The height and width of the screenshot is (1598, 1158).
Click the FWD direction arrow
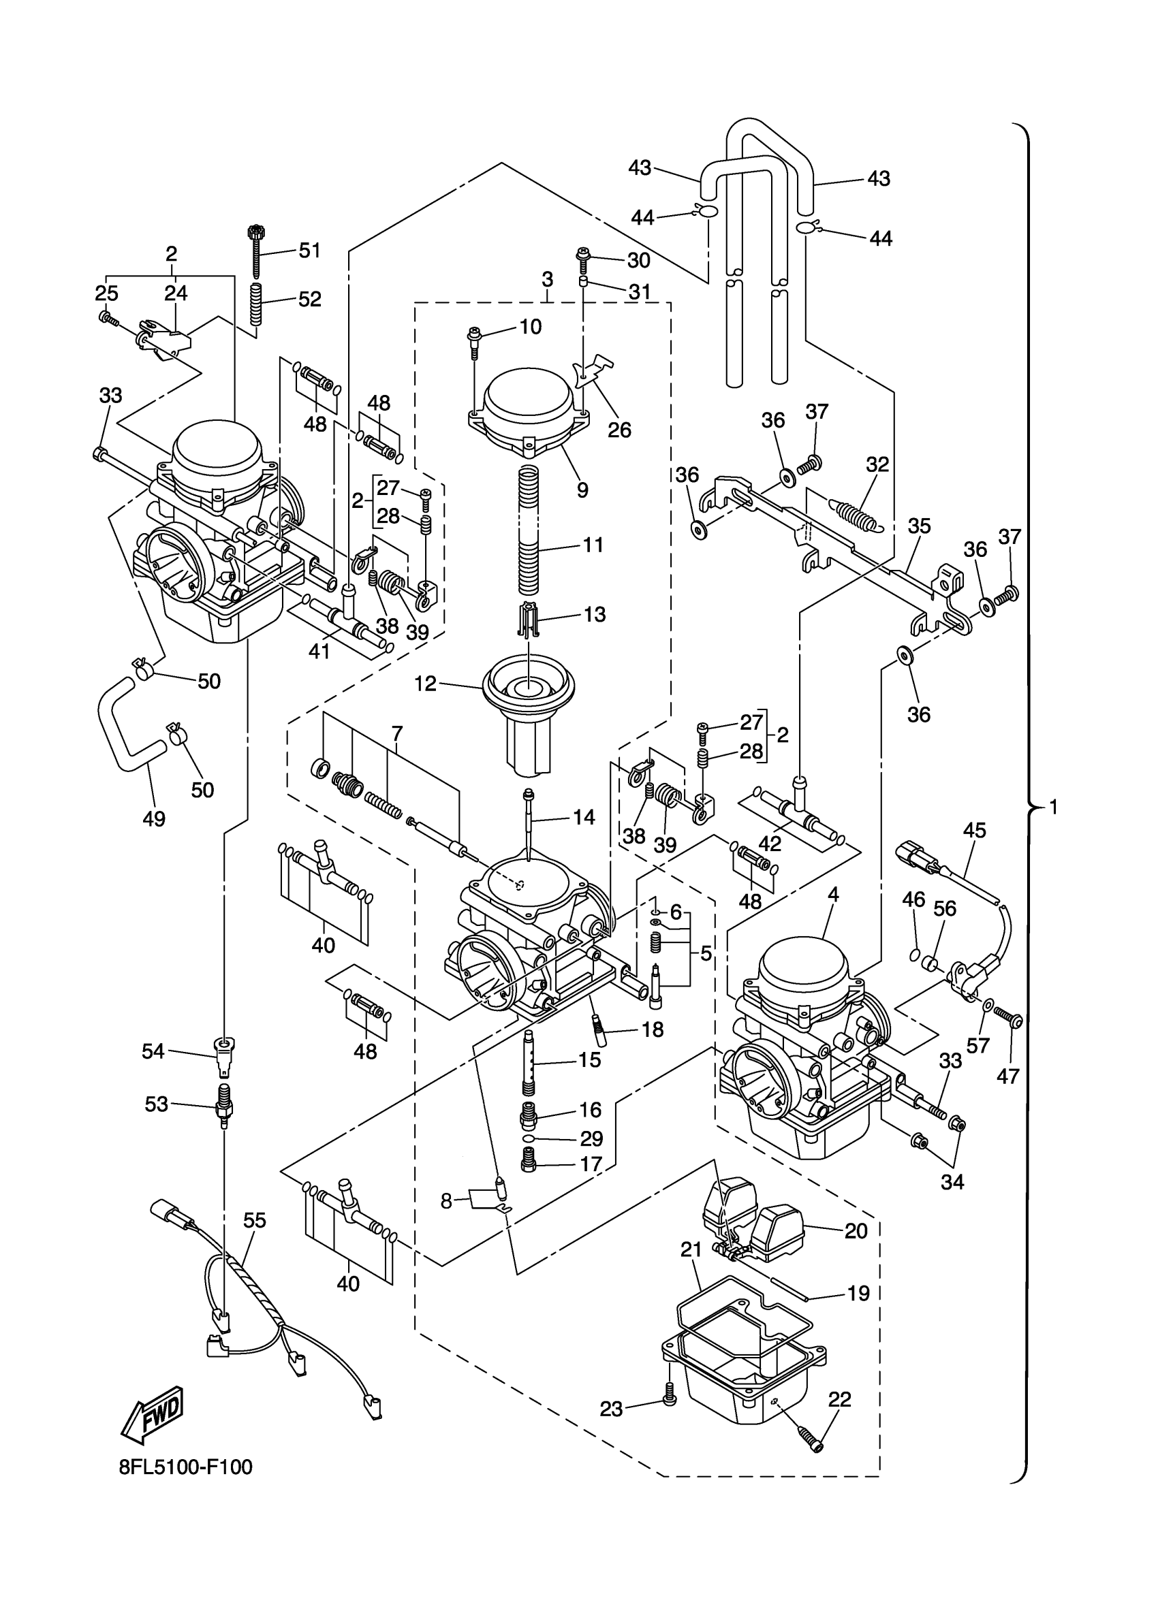[x=152, y=1415]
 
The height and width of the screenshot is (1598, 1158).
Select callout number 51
[x=309, y=250]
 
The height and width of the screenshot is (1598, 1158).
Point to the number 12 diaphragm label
[x=425, y=684]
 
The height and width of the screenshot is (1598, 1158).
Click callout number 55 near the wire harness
[x=255, y=1220]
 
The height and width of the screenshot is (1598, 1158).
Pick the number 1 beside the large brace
[x=1053, y=807]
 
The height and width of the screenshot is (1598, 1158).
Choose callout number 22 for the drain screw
[x=839, y=1399]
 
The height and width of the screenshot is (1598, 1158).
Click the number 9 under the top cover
[x=582, y=490]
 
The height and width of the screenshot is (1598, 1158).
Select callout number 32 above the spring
[x=877, y=464]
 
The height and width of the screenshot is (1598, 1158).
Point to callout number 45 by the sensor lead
[x=975, y=830]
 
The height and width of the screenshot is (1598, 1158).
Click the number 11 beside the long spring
[x=593, y=545]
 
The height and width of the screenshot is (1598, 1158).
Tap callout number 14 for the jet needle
[x=584, y=817]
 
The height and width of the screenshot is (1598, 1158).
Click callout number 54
[x=153, y=1051]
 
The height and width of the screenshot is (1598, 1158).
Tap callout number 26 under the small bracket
[x=619, y=430]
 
